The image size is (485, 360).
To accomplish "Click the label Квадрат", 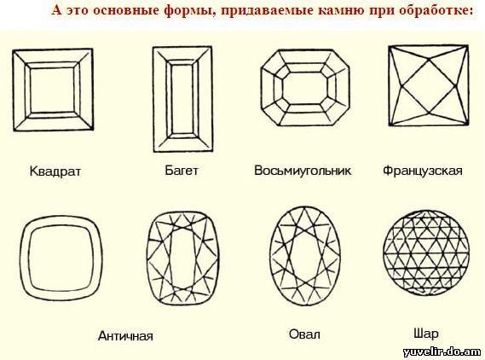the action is click(55, 171).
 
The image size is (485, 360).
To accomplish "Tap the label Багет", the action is click(182, 171).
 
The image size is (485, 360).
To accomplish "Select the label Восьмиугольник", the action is click(303, 171).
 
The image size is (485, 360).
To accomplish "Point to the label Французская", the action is click(423, 171).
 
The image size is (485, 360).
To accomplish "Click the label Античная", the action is click(125, 336).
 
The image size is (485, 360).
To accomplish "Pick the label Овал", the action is click(304, 334).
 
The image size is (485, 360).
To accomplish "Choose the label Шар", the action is click(426, 334).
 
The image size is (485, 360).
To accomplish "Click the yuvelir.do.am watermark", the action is click(442, 352).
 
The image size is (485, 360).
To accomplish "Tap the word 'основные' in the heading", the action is click(124, 10).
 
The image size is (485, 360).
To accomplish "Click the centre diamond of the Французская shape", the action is click(429, 85).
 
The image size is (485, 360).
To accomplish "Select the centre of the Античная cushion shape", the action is click(61, 258).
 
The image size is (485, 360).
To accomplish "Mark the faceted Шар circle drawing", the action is click(426, 253).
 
